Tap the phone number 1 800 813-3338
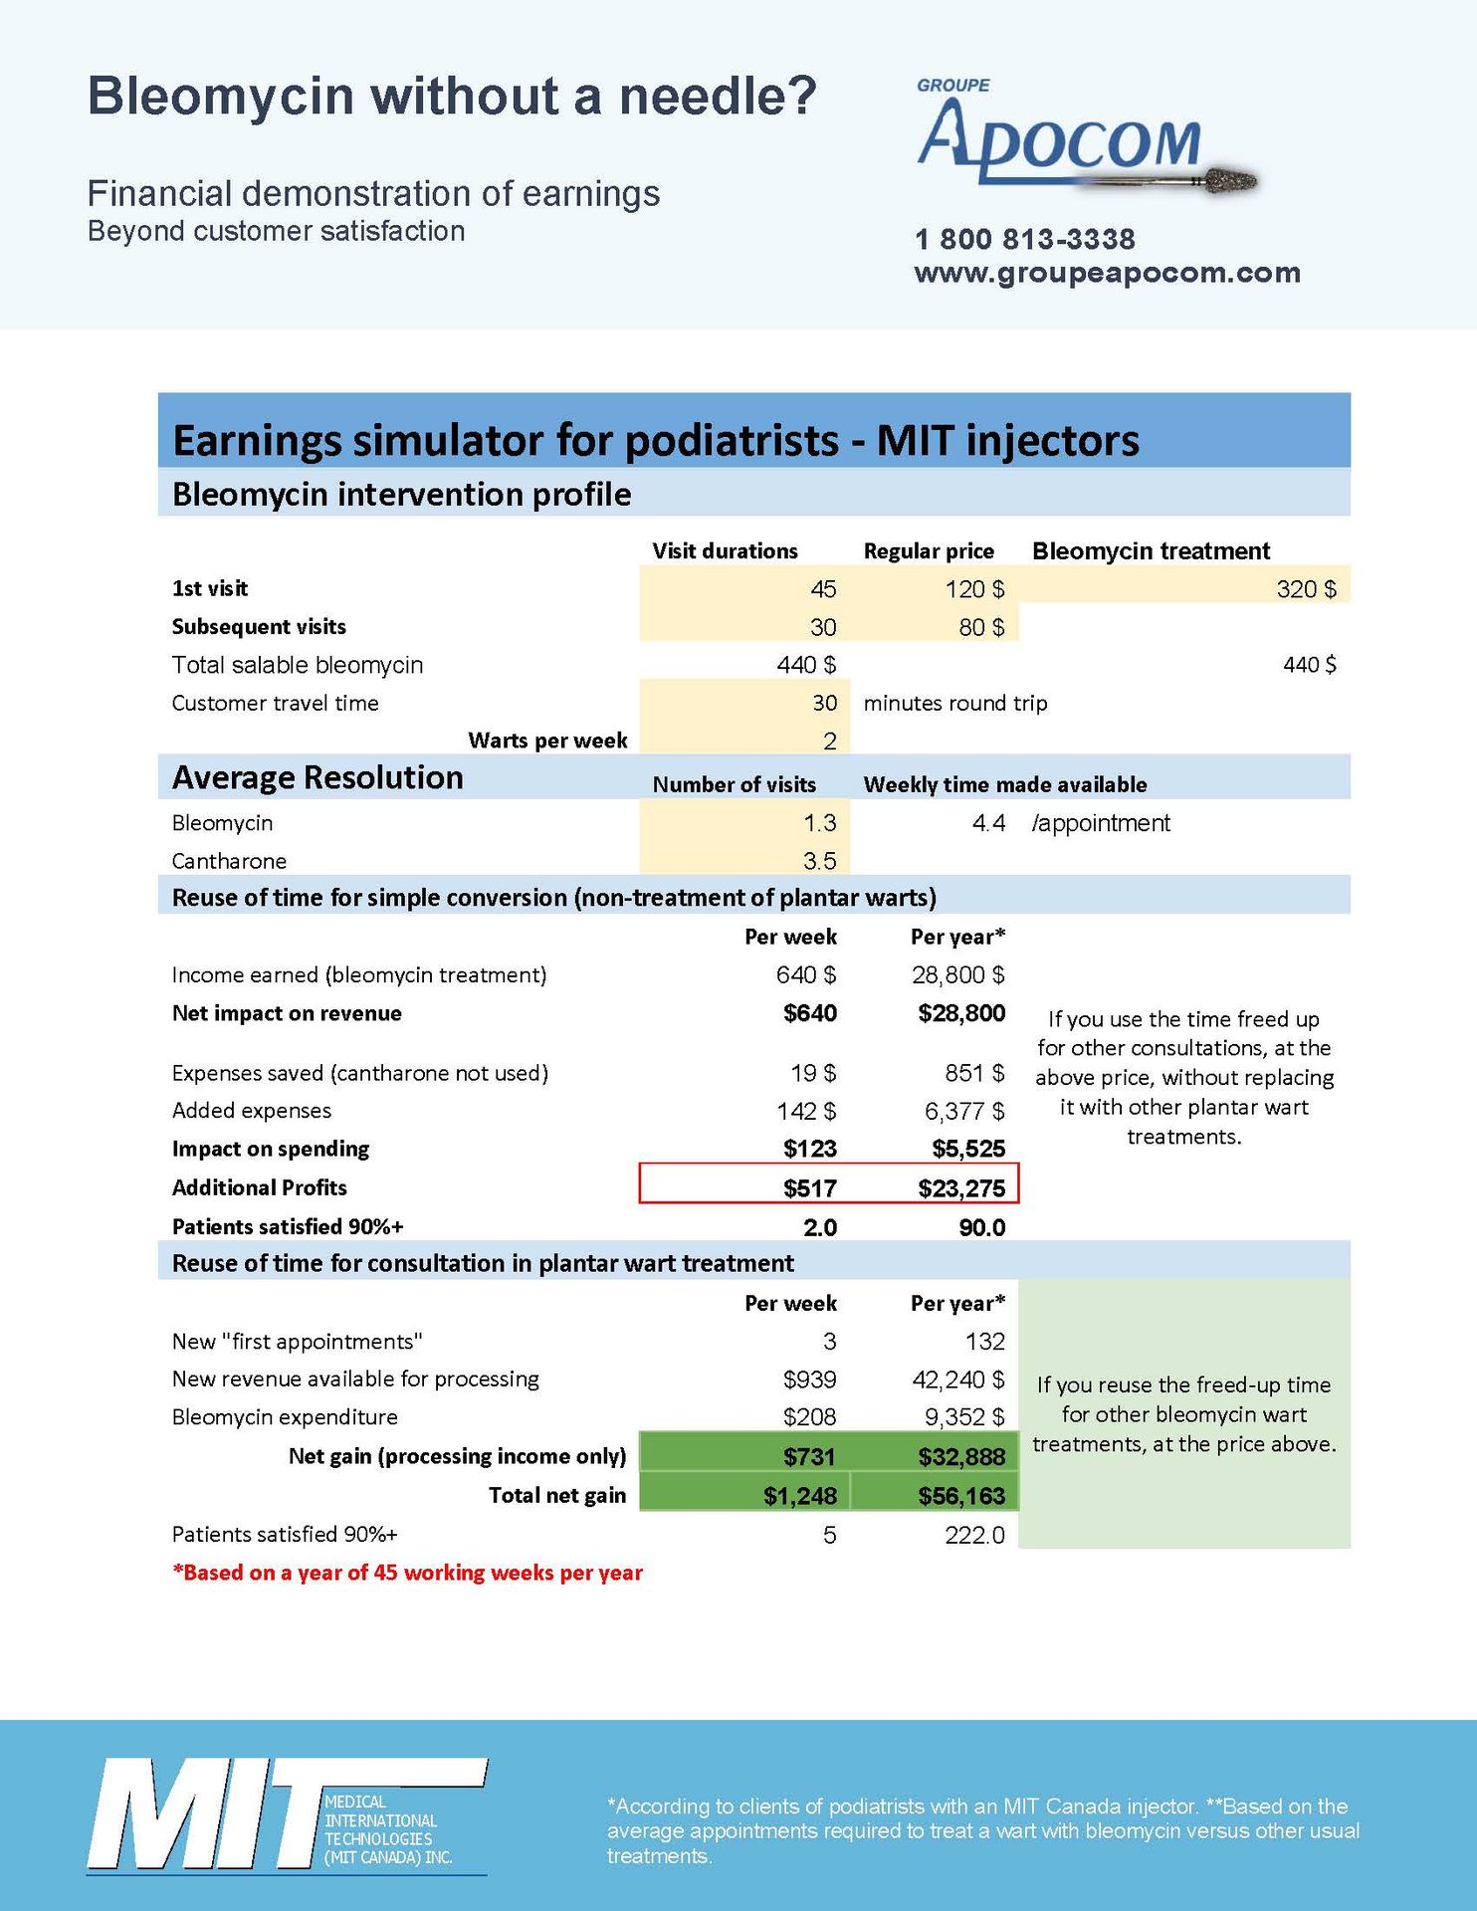coord(1024,239)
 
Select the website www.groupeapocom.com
coord(1107,273)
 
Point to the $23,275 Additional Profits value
coord(960,1187)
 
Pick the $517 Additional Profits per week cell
coord(809,1187)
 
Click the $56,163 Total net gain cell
coord(960,1495)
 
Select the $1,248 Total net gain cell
coord(799,1495)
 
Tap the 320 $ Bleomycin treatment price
coord(1306,589)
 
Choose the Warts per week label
coord(547,741)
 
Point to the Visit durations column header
coord(725,551)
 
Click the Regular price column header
coord(929,551)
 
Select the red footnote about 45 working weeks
coord(407,1573)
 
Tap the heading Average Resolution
coord(317,777)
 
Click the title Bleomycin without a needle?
coord(452,97)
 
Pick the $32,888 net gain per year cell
coord(960,1457)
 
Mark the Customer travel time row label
coord(275,703)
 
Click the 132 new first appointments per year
coord(984,1342)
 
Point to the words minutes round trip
coord(954,703)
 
